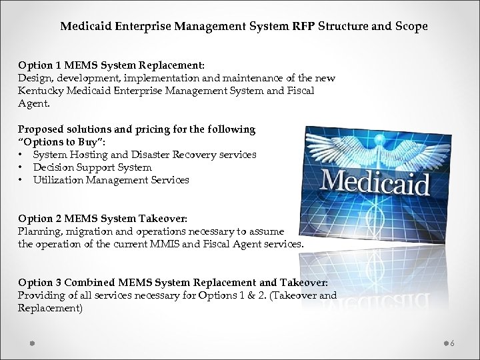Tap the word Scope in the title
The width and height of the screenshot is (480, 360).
(x=408, y=27)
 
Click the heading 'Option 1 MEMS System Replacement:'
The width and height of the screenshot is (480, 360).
(x=111, y=66)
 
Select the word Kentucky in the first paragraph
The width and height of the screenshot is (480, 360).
(x=39, y=90)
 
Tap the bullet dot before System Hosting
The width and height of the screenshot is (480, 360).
(x=22, y=155)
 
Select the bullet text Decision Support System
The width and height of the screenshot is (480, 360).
(x=92, y=167)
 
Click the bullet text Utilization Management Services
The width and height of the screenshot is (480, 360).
(x=111, y=179)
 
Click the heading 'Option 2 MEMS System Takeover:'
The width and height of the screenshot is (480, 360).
(x=103, y=219)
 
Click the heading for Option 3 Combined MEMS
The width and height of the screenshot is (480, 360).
(x=173, y=283)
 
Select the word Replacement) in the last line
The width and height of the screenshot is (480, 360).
(x=50, y=309)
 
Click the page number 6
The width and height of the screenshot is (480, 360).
(x=452, y=343)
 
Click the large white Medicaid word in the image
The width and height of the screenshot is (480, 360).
(x=375, y=179)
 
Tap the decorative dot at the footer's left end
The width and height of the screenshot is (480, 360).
(x=31, y=343)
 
